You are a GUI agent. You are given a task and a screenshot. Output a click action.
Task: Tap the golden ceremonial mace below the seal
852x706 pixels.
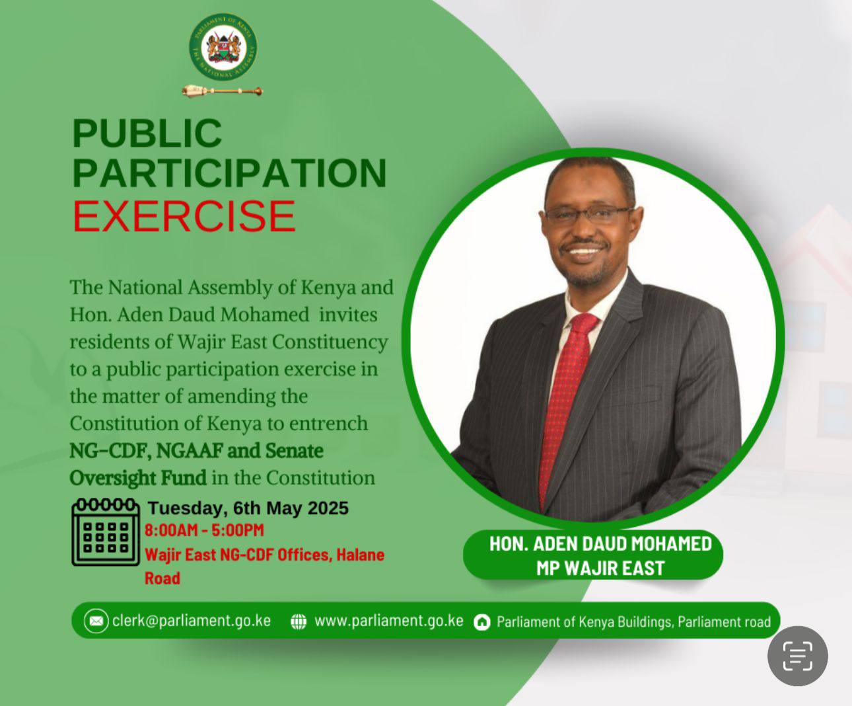pos(223,91)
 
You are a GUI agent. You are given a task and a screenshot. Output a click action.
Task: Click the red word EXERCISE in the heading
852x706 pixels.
pos(184,216)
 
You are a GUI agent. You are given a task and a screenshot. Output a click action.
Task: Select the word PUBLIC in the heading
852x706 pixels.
pos(147,133)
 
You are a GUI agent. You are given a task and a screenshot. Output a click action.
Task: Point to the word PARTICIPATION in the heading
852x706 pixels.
pos(229,173)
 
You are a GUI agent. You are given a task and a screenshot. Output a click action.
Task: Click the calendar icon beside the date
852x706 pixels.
pos(105,532)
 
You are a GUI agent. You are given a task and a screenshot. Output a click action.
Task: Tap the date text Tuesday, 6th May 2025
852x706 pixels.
pos(248,508)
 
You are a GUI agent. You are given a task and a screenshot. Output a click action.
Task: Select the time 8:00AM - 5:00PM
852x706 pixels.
pos(204,530)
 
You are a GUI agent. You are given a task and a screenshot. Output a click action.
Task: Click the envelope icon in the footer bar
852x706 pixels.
pos(96,621)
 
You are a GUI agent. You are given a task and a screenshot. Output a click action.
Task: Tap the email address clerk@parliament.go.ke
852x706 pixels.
pos(192,621)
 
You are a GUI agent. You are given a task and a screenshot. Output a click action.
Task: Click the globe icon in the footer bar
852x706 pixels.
pos(299,621)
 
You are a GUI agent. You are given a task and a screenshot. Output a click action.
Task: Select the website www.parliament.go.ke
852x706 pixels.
pos(388,621)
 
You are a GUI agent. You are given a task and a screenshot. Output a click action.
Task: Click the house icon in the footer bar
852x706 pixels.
pos(482,622)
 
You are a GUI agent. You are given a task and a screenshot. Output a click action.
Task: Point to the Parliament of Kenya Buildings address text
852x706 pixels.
pos(633,622)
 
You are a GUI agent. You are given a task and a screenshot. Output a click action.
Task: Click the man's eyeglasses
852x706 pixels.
pos(588,214)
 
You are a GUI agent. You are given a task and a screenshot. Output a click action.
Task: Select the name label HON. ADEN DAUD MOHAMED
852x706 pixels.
pos(600,544)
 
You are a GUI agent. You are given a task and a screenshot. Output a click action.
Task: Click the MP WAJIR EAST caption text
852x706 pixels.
pos(600,568)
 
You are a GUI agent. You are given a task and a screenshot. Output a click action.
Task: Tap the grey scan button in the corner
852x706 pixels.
pos(797,656)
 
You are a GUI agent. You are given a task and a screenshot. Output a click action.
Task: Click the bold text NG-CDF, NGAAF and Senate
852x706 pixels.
pos(196,451)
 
